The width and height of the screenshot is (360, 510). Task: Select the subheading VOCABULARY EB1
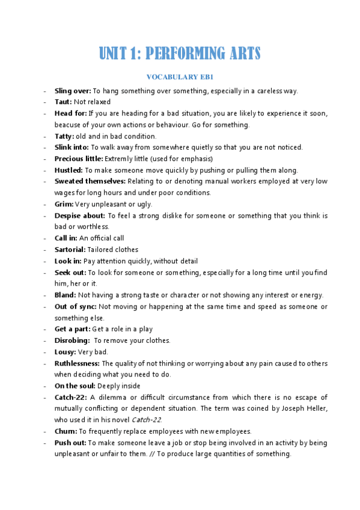[x=180, y=77]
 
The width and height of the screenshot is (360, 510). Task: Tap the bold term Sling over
[x=73, y=91]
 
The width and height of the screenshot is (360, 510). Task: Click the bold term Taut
[x=63, y=102]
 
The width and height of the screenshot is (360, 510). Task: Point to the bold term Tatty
[x=65, y=136]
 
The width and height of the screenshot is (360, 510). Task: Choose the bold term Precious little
[x=79, y=159]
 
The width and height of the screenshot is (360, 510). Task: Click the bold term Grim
[x=64, y=204]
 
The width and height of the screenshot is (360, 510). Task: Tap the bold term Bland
[x=65, y=295]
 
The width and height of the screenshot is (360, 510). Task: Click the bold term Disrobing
[x=72, y=340]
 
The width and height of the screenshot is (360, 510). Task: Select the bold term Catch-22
[x=70, y=397]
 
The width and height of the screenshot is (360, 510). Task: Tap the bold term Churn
[x=66, y=431]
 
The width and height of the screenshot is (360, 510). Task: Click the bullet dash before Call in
[x=45, y=238]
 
